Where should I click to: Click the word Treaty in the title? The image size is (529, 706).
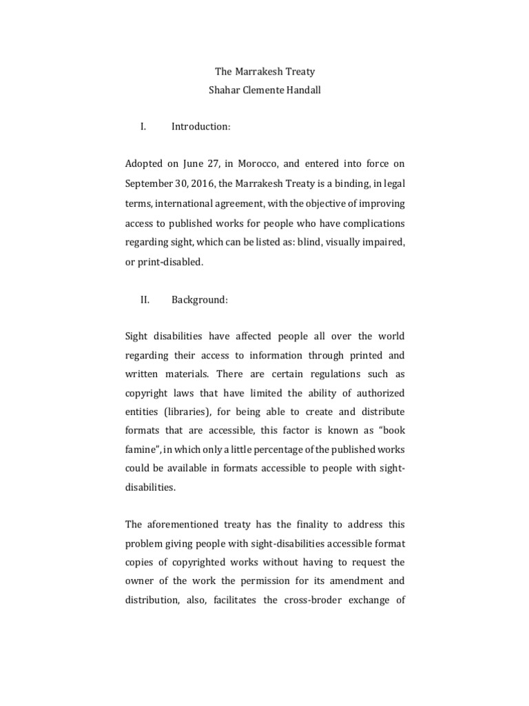[x=296, y=72]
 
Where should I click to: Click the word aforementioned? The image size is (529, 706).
[x=182, y=523]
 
